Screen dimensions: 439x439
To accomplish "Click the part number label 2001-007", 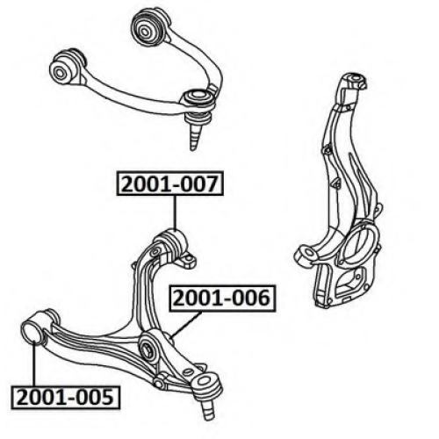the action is (170, 184).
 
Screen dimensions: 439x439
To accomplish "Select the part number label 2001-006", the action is (222, 298).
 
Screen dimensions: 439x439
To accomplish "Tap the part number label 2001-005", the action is (66, 397).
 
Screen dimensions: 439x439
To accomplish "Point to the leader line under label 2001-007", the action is (175, 212).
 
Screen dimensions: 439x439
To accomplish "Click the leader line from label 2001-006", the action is (186, 324).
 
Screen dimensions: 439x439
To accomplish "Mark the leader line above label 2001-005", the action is (34, 363).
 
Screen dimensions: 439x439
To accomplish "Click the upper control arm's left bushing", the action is (68, 67).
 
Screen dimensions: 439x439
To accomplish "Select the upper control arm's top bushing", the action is (150, 25).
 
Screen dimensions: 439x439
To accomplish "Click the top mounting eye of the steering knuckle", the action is (355, 80).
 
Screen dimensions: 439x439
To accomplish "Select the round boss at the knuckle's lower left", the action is (306, 254).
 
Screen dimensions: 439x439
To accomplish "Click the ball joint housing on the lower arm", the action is (207, 383).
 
